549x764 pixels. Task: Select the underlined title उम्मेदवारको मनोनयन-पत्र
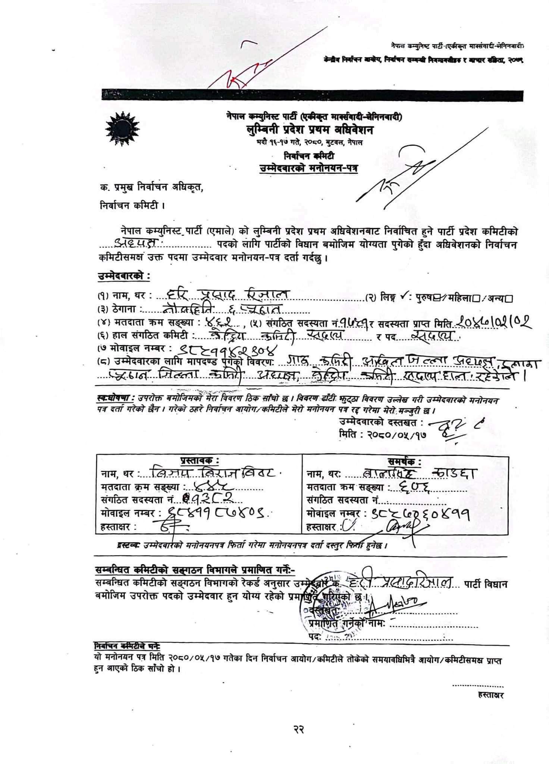(308, 168)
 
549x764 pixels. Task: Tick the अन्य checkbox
(509, 298)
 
